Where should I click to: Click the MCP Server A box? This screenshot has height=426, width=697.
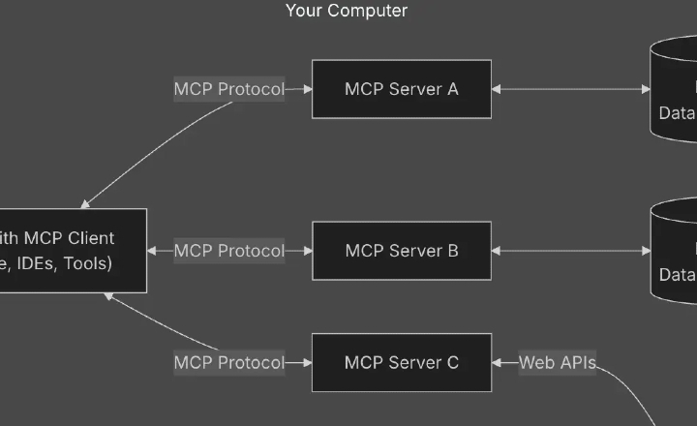(x=401, y=89)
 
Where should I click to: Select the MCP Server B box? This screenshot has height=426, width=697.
(x=401, y=251)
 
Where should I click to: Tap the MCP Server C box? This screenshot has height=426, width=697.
(x=401, y=363)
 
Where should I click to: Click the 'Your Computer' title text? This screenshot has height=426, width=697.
(x=347, y=11)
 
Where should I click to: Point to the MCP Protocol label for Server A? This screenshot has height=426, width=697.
(x=229, y=89)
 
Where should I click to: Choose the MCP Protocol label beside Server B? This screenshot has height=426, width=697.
(x=229, y=251)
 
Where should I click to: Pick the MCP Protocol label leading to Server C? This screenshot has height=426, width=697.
(x=229, y=363)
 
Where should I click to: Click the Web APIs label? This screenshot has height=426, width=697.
(x=557, y=363)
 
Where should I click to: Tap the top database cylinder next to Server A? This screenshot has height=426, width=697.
(x=676, y=89)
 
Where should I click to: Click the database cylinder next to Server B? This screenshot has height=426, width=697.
(x=676, y=251)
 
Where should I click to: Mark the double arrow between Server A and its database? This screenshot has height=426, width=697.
(x=571, y=89)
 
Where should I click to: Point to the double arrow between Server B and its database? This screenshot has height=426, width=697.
(x=571, y=251)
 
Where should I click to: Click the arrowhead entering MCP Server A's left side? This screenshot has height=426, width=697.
(x=307, y=89)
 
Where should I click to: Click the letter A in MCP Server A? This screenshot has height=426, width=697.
(x=452, y=89)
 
